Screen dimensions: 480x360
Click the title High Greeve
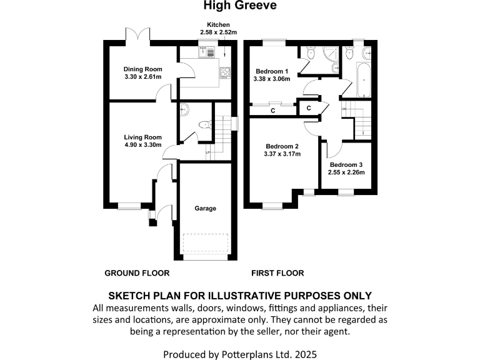pyautogui.click(x=240, y=6)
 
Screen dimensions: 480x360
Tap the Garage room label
pyautogui.click(x=205, y=208)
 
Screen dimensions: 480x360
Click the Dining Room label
pyautogui.click(x=142, y=69)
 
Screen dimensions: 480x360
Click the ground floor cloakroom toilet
pyautogui.click(x=202, y=126)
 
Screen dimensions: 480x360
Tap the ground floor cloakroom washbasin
pyautogui.click(x=185, y=110)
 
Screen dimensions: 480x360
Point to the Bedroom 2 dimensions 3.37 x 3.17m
pyautogui.click(x=282, y=154)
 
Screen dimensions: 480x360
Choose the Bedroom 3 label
pyautogui.click(x=347, y=164)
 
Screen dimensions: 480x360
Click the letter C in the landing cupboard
pyautogui.click(x=309, y=108)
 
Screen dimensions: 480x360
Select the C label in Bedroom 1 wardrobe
pyautogui.click(x=272, y=111)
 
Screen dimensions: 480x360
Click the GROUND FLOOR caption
pyautogui.click(x=137, y=273)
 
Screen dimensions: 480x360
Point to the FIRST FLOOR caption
pyautogui.click(x=277, y=273)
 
